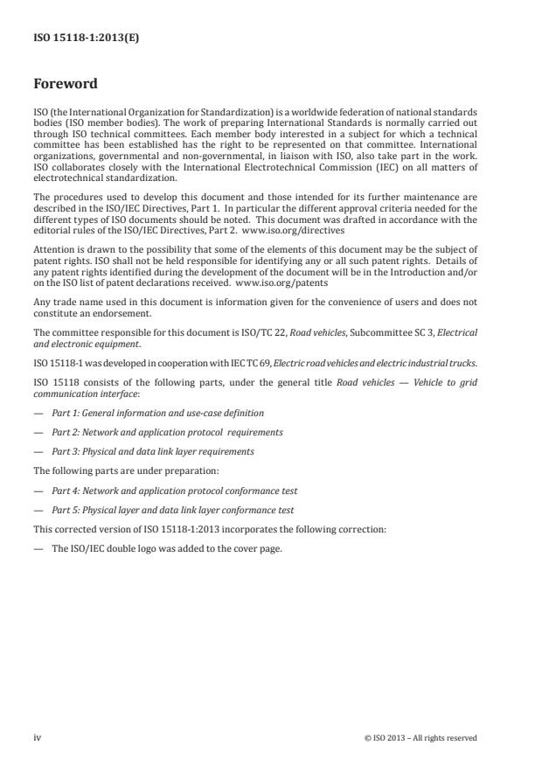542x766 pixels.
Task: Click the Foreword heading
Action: [x=65, y=84]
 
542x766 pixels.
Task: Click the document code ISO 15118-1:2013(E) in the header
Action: [x=73, y=39]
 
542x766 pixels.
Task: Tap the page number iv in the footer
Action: [x=38, y=737]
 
